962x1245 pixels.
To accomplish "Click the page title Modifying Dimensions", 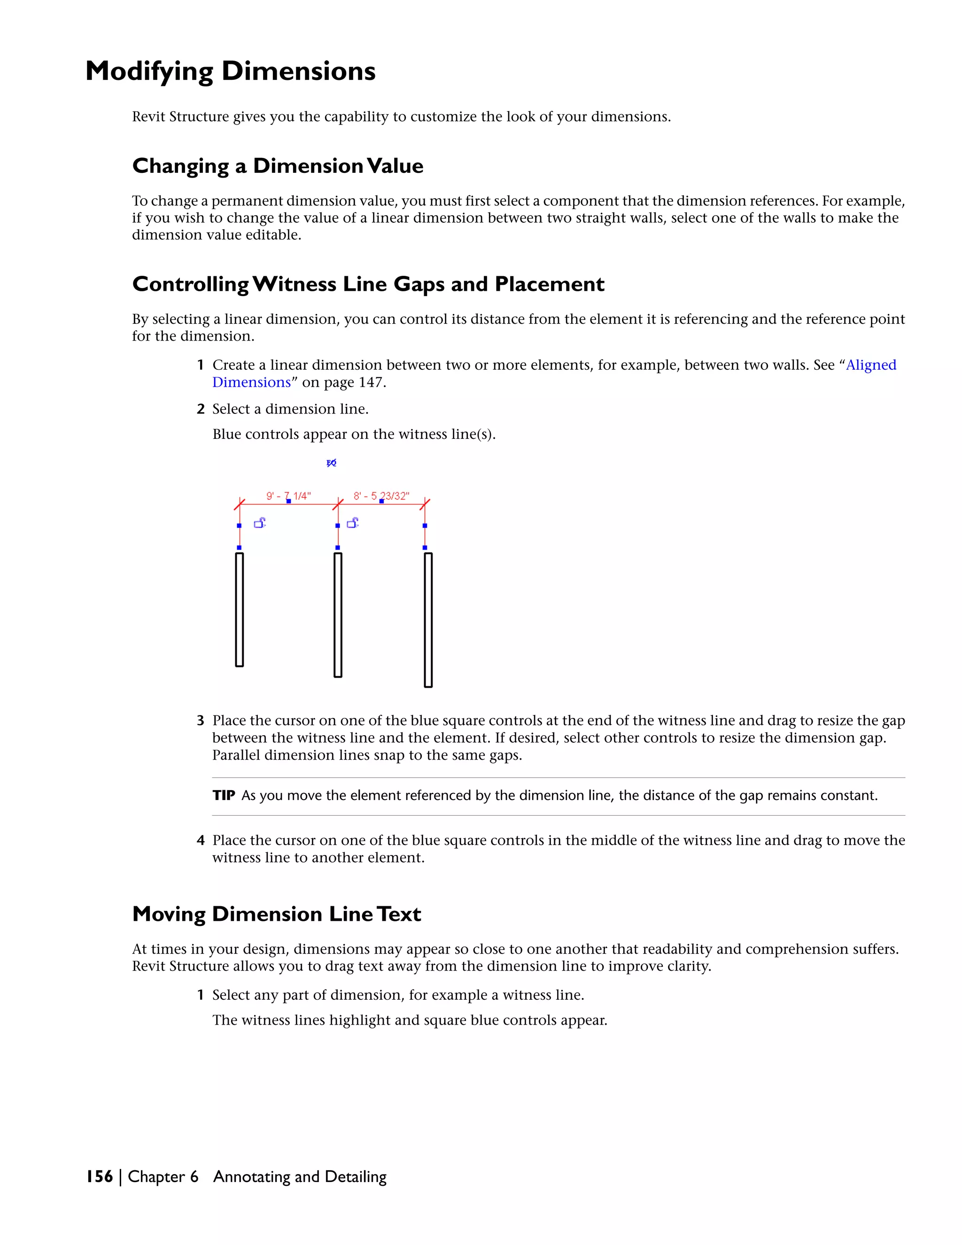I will point(230,72).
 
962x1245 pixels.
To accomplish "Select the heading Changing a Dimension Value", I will point(278,166).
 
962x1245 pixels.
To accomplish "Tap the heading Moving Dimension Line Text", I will point(276,914).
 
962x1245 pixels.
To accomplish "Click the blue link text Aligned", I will point(871,365).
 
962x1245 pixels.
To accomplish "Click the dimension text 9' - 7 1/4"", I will point(288,496).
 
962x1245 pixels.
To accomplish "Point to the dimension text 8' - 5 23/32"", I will point(381,496).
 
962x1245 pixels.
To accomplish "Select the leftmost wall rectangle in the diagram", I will point(240,609).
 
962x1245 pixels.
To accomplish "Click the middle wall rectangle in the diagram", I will point(338,615).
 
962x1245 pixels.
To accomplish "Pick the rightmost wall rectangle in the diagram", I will point(428,620).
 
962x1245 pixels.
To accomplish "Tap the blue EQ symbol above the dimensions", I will point(331,463).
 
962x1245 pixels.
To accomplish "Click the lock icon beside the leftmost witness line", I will point(260,523).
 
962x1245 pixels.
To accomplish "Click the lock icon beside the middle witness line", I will point(353,523).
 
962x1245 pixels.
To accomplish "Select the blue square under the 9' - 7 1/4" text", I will point(288,501).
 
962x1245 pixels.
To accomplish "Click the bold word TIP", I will point(224,795).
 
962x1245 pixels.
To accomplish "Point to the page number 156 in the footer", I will point(100,1176).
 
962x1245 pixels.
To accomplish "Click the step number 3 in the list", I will point(200,721).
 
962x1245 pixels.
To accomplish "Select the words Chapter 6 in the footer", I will point(163,1176).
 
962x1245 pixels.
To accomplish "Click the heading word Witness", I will point(295,284).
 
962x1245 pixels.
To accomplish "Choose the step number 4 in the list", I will point(200,840).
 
